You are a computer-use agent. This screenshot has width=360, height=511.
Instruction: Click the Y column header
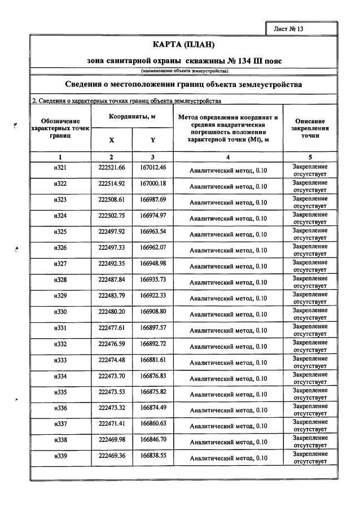pos(153,139)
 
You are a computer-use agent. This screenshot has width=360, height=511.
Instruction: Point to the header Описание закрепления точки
pos(310,128)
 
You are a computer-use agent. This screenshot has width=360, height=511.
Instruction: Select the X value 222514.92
pos(111,184)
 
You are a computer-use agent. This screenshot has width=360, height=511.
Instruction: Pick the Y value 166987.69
pos(153,200)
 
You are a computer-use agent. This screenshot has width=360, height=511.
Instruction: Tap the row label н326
pos(60,248)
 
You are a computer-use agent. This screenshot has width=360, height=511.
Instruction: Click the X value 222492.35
pos(111,264)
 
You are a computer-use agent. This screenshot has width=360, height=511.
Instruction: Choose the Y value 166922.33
pos(153,296)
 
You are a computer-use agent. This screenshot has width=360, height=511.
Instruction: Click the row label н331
pos(60,328)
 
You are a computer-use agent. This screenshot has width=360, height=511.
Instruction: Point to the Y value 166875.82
pos(153,392)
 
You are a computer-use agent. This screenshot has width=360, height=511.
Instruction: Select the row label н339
pos(60,456)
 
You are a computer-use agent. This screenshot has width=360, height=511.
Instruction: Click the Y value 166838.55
pos(153,456)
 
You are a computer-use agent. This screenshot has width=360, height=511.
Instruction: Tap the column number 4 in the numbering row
pos(228,156)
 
